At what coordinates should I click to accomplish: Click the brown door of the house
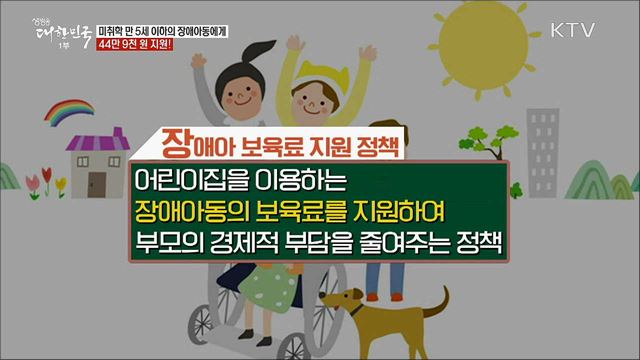click(x=98, y=181)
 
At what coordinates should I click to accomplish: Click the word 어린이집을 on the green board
click(x=189, y=182)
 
